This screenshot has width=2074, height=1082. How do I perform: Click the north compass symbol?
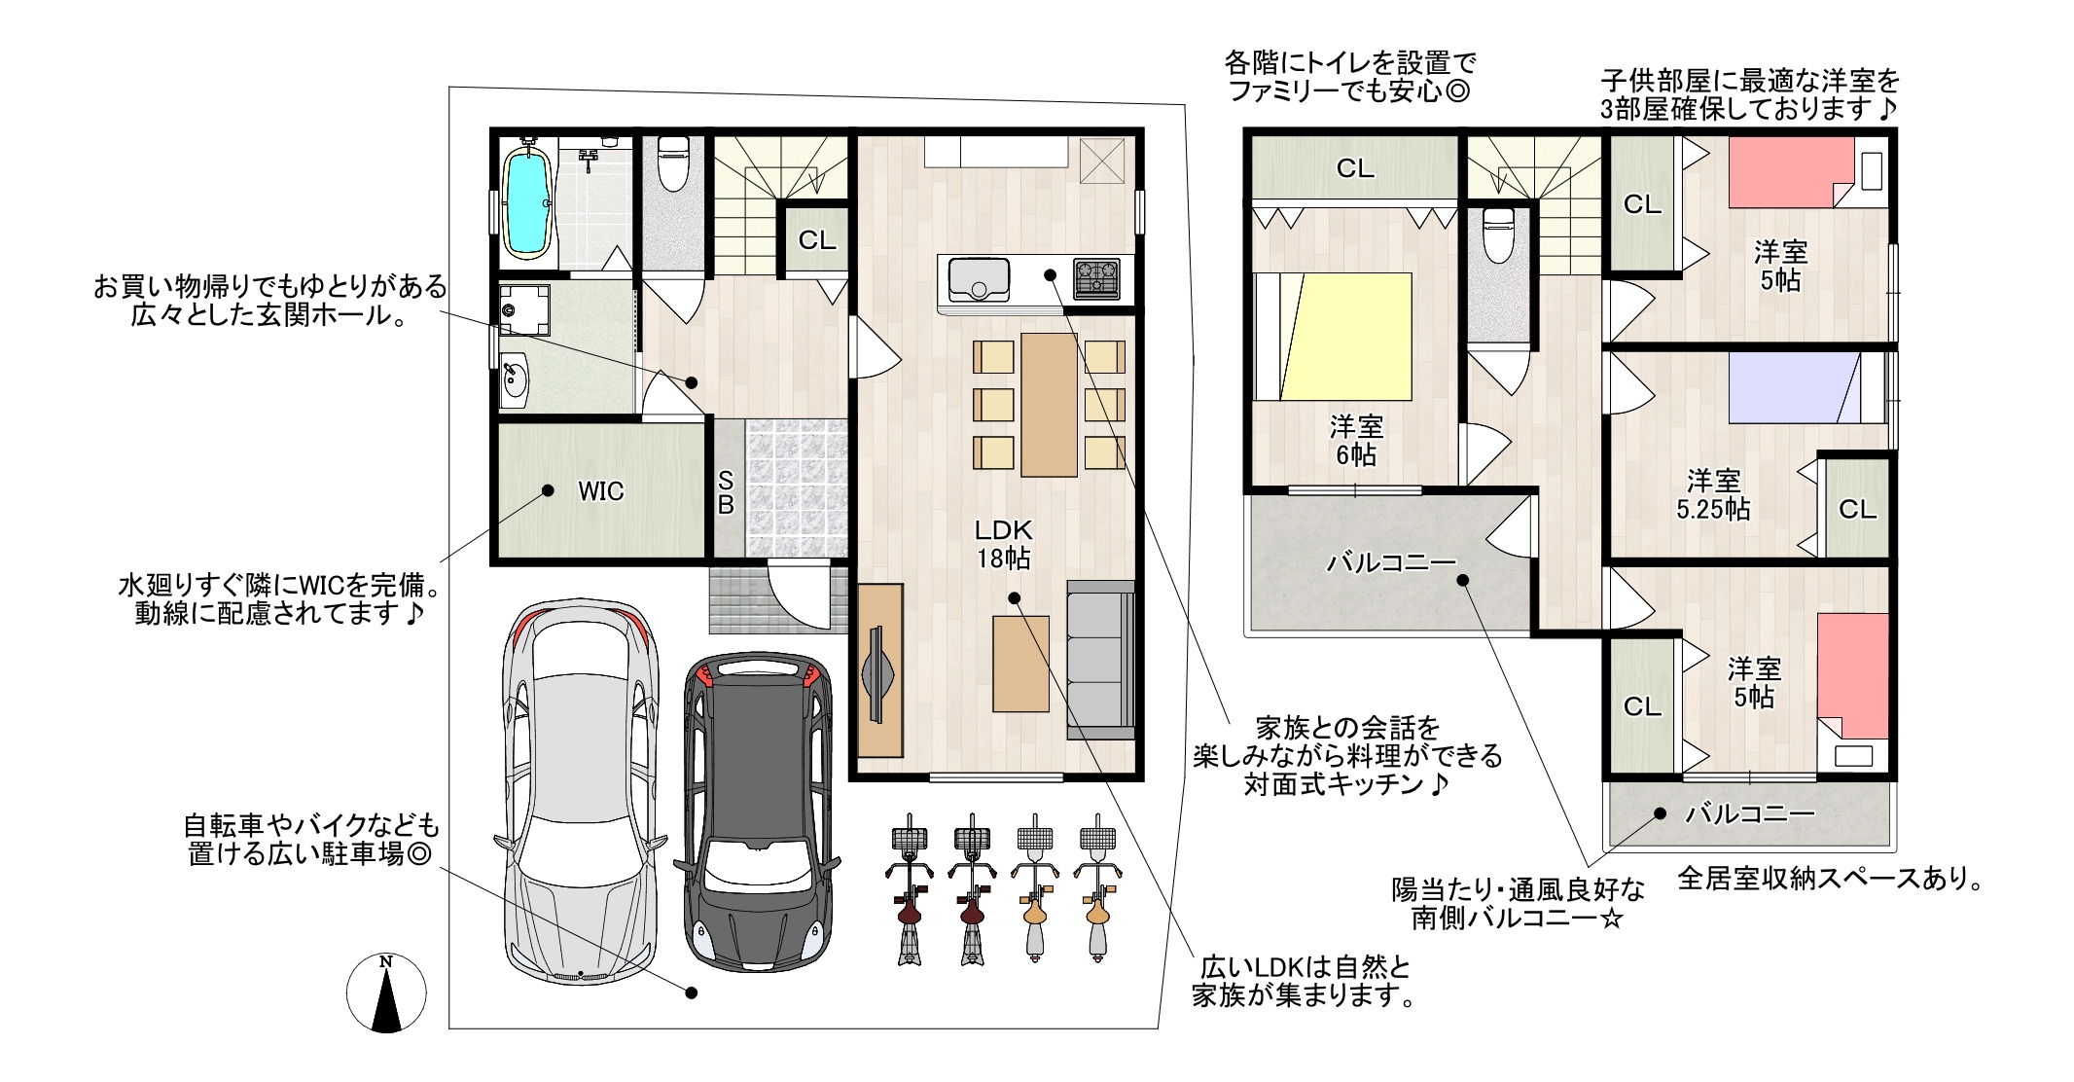pos(386,992)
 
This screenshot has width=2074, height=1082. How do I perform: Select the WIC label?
pos(601,491)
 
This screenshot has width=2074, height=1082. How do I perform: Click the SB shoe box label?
pos(726,493)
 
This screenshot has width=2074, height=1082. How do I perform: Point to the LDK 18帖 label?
pos(1004,544)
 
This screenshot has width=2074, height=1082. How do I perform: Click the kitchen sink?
pos(979,279)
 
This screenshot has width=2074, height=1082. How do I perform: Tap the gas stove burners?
pos(1097,279)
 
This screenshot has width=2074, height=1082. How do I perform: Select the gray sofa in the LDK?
pos(1100,661)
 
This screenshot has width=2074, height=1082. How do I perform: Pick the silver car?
pos(581,791)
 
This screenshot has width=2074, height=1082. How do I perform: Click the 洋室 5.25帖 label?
pos(1713,494)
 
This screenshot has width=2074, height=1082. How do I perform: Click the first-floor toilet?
pos(674,163)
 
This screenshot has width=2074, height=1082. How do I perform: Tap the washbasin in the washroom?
pos(515,380)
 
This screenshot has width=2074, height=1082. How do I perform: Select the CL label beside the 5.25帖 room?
pos(1857,509)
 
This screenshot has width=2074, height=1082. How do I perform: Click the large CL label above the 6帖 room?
pos(1355,168)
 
